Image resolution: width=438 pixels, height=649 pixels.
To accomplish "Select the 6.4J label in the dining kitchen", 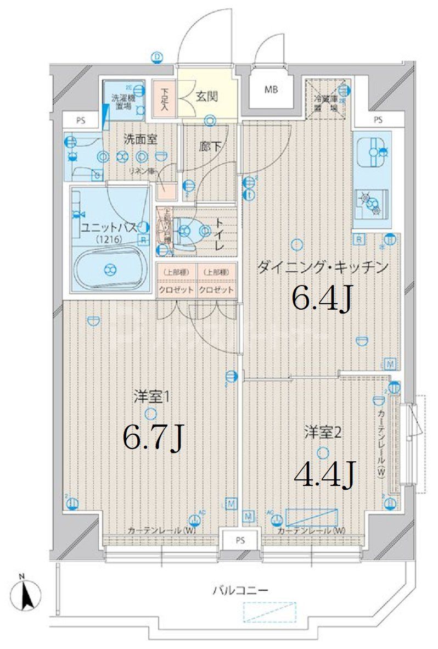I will [321, 299].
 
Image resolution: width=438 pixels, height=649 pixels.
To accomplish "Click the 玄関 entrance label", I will [207, 97].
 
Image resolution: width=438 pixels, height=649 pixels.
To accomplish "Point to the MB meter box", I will [271, 89].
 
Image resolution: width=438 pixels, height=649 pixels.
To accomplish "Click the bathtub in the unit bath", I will [110, 269].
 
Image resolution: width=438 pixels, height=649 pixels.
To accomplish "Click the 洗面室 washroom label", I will [140, 139].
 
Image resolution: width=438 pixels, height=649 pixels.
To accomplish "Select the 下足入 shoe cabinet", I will [164, 99].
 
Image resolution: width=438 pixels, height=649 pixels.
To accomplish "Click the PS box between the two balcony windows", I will [240, 540].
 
